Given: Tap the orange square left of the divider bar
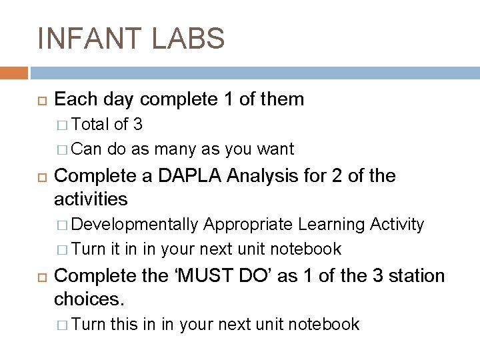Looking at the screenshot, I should (x=13, y=72).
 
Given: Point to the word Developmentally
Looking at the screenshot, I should (x=135, y=225).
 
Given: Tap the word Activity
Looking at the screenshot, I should (x=395, y=225).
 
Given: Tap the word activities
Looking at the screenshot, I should (x=91, y=199).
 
